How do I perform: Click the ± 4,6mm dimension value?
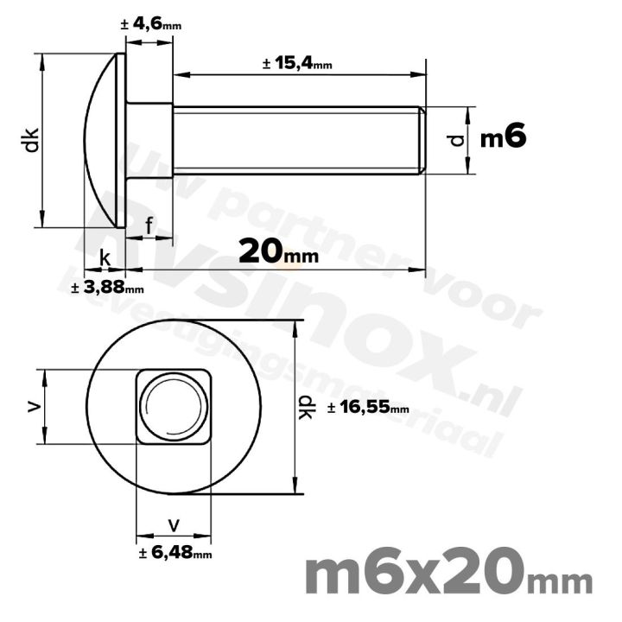click(x=151, y=26)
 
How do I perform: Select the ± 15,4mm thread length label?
click(x=297, y=64)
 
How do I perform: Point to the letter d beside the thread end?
click(x=458, y=139)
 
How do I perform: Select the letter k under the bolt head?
click(x=105, y=257)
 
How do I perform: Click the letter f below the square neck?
click(x=149, y=226)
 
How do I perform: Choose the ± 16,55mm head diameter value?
click(x=368, y=408)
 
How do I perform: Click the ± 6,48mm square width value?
click(x=175, y=553)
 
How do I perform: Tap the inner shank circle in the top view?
click(x=174, y=406)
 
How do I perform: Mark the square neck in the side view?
click(x=149, y=139)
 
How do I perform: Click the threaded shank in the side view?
click(x=294, y=140)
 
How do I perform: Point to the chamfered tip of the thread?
click(x=422, y=140)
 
